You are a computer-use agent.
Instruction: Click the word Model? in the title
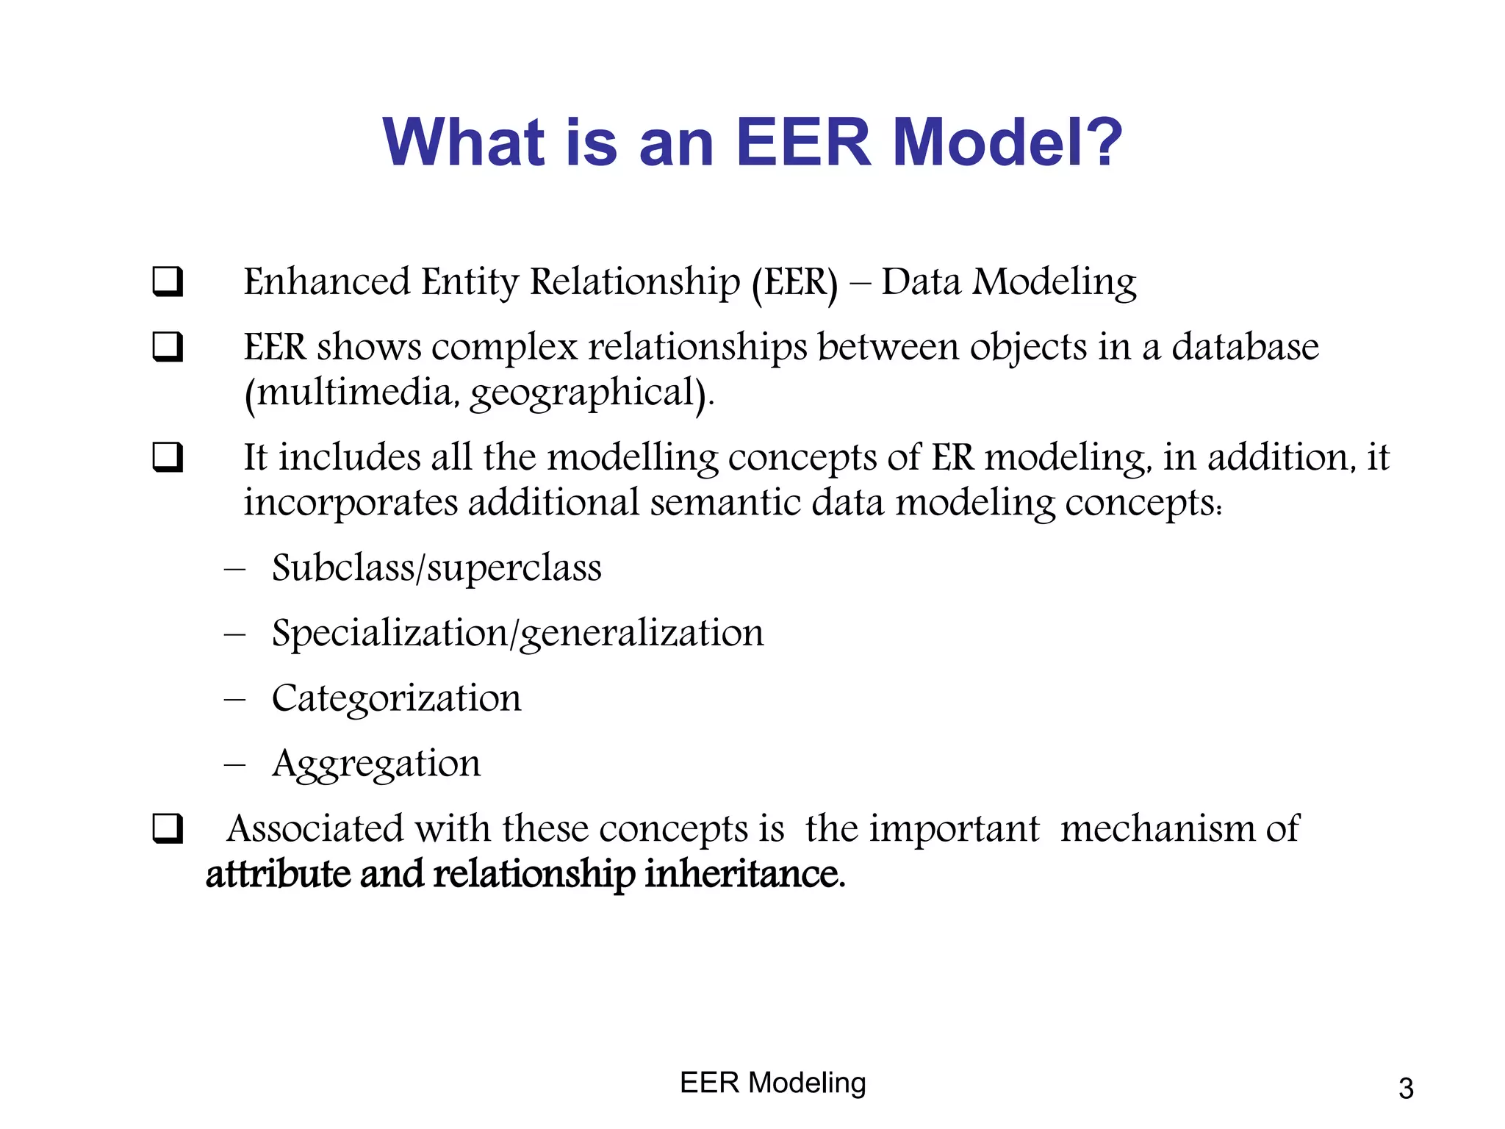1007,142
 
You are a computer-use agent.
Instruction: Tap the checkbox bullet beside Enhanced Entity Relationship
168,282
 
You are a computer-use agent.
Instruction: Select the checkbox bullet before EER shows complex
168,347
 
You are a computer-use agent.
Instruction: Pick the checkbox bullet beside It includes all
168,457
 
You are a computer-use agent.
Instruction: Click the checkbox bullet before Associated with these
168,829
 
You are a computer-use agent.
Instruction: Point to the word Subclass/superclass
437,568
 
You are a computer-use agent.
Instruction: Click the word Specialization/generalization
517,634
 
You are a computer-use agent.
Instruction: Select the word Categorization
396,698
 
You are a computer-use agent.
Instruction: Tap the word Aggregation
376,764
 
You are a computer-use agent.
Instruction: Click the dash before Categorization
234,699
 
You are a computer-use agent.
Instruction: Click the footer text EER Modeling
773,1083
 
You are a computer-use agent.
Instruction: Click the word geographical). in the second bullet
592,393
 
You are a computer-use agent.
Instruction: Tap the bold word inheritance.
745,874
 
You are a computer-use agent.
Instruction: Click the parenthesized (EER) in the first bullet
794,282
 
